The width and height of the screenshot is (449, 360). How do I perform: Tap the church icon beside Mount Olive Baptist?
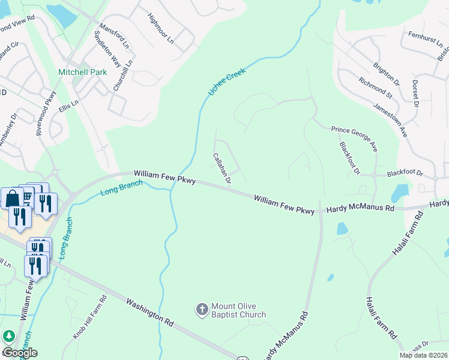click(202, 310)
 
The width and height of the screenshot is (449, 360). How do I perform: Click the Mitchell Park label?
click(82, 72)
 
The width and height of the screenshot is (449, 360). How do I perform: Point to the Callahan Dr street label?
click(222, 167)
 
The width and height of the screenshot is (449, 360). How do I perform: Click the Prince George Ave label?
click(354, 138)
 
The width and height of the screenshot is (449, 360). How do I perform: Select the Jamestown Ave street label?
click(390, 119)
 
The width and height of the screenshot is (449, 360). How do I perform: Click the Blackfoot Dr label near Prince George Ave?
click(349, 158)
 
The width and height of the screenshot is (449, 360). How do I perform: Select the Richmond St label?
click(375, 88)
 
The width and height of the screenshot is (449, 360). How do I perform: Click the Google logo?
click(20, 353)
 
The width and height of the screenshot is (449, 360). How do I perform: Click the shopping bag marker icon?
click(12, 198)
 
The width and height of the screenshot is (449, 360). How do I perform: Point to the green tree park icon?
click(8, 337)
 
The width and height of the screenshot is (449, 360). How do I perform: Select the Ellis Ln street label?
click(68, 112)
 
